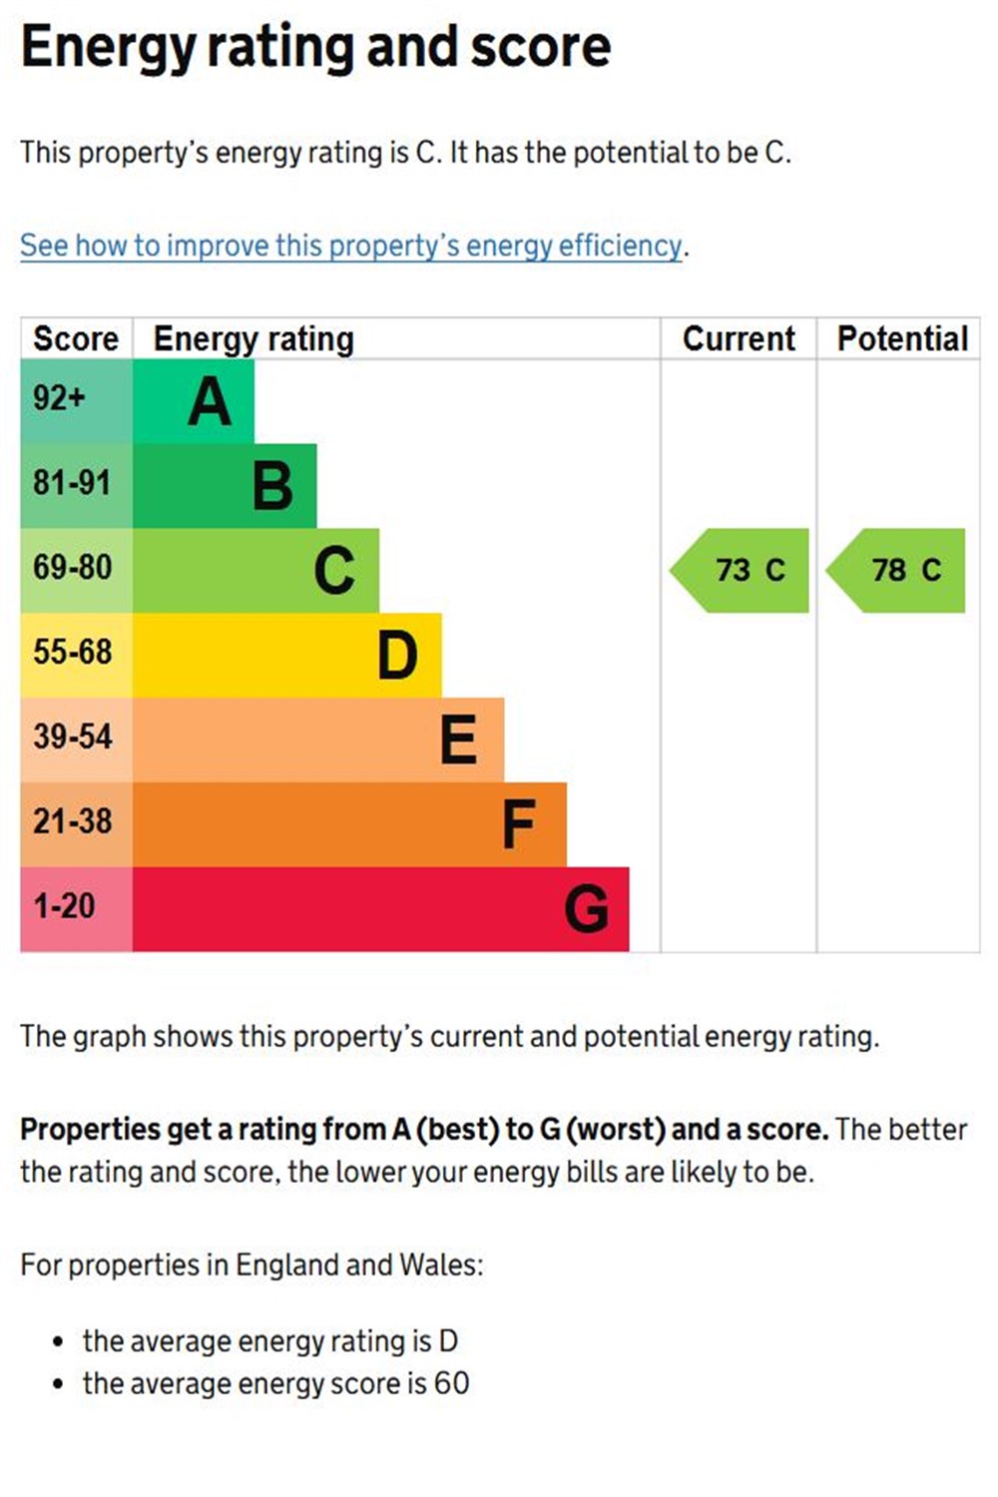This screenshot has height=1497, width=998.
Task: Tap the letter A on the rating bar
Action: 210,402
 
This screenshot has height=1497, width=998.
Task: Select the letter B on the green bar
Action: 272,486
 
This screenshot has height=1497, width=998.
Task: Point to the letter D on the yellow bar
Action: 397,656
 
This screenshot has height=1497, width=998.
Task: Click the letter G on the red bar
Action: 586,909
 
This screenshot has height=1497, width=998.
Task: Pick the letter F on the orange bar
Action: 519,824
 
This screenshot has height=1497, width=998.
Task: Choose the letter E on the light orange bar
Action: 458,740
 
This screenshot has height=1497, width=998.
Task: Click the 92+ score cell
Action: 60,398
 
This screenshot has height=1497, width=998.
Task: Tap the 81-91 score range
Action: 72,483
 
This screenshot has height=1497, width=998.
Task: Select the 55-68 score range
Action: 72,652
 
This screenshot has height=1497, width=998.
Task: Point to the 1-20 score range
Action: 64,906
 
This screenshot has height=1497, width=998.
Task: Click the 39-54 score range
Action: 72,737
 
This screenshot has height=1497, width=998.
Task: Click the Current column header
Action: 739,339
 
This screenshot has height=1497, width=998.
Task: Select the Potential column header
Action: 902,339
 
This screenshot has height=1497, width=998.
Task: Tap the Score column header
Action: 76,339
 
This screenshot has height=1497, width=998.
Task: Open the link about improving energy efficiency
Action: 351,246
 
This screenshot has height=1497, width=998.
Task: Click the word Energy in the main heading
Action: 107,48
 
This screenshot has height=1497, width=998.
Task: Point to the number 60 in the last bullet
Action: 451,1383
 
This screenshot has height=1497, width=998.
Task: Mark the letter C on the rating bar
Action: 334,571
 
